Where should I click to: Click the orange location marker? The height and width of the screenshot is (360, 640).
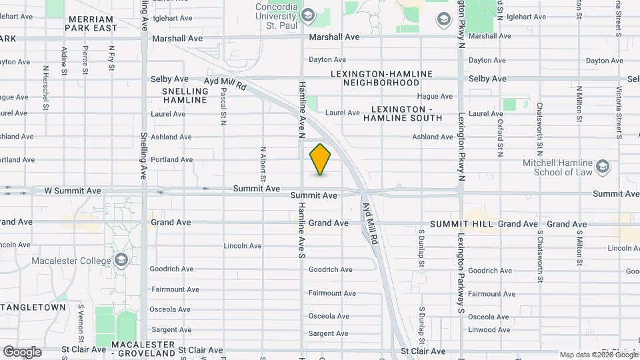pyautogui.click(x=321, y=160)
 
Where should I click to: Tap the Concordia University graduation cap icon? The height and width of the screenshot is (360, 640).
pyautogui.click(x=308, y=15)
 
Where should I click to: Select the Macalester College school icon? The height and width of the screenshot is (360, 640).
pyautogui.click(x=121, y=259)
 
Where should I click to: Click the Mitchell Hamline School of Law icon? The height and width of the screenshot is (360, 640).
pyautogui.click(x=603, y=166)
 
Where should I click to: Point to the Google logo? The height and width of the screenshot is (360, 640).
pyautogui.click(x=21, y=351)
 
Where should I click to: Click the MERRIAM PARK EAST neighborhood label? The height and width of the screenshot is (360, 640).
pyautogui.click(x=92, y=23)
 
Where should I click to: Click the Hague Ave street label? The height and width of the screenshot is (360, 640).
pyautogui.click(x=435, y=97)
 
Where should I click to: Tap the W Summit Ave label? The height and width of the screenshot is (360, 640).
pyautogui.click(x=73, y=191)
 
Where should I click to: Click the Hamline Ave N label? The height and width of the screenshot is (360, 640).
pyautogui.click(x=302, y=106)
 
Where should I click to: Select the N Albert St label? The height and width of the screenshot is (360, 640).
pyautogui.click(x=263, y=164)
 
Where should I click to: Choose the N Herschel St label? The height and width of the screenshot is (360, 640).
pyautogui.click(x=45, y=87)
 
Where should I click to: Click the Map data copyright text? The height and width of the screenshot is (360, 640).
pyautogui.click(x=597, y=355)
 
